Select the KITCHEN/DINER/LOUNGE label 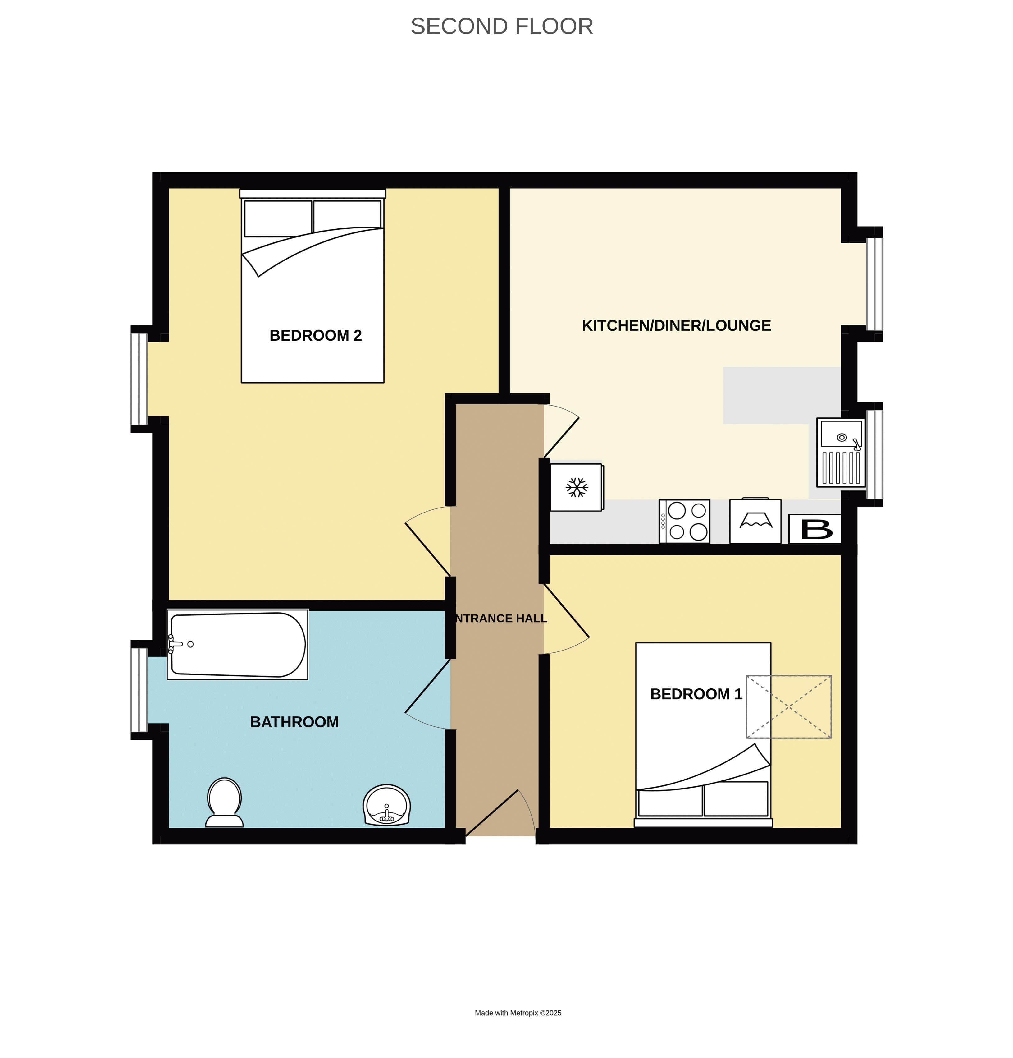pos(676,325)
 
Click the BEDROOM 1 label pos(696,694)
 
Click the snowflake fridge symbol pos(576,487)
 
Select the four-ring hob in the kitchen pos(684,521)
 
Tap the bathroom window pos(139,690)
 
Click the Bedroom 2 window pos(139,379)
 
